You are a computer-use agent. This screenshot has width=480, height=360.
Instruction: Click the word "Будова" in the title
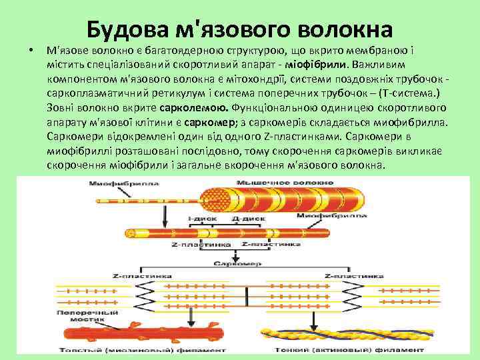click(x=125, y=29)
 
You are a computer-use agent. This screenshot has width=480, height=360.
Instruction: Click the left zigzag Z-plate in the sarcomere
click(x=131, y=294)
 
